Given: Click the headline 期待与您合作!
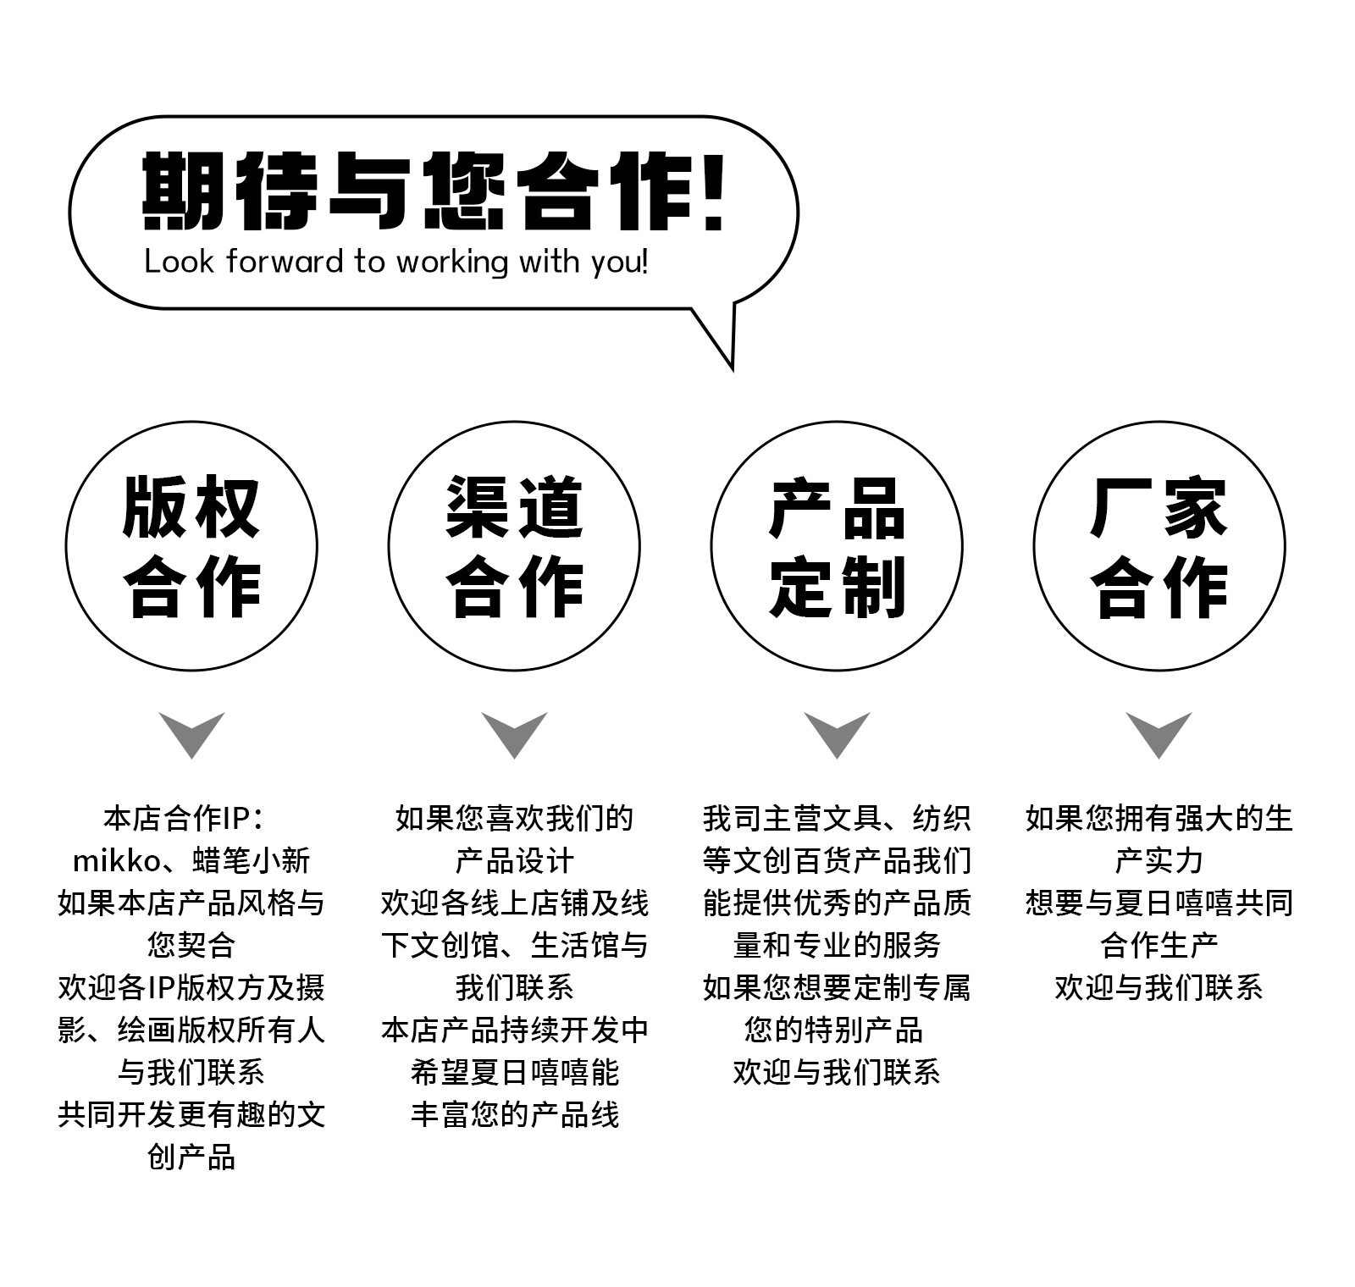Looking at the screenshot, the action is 432,191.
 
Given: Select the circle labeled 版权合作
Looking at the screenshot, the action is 191,546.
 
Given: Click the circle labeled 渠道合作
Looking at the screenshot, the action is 514,546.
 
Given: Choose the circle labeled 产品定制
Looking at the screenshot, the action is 837,546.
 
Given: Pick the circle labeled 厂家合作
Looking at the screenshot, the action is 1159,546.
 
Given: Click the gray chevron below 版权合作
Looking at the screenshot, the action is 191,733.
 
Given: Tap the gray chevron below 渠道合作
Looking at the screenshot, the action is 514,733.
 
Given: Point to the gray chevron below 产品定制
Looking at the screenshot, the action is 837,733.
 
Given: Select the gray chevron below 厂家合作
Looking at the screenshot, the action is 1159,733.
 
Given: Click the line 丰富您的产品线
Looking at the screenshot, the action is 514,1115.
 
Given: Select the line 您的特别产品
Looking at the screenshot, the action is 834,1030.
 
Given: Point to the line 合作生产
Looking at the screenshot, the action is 1159,946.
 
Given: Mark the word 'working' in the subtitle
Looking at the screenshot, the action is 452,262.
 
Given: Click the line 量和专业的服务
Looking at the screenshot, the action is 837,946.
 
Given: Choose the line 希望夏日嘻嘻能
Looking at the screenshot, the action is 514,1073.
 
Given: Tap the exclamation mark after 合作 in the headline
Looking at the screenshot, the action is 713,191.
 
